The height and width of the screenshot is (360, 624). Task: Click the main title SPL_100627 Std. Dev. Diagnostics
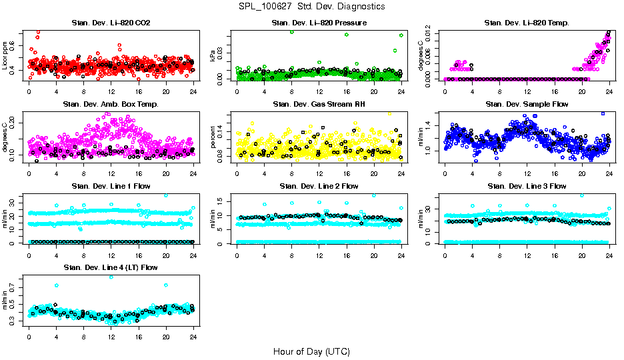tap(311, 6)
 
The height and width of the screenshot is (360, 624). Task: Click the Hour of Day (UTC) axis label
tap(311, 351)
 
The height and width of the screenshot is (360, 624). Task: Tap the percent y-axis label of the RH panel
tap(213, 137)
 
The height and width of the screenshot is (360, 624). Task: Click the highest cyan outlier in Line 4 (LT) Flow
tap(111, 277)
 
